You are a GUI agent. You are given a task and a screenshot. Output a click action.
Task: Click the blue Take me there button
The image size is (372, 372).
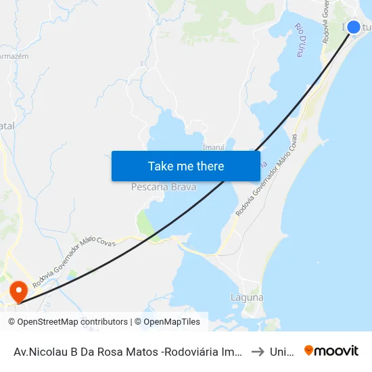click(x=185, y=166)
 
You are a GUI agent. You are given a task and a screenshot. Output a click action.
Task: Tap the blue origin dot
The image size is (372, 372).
click(x=353, y=27)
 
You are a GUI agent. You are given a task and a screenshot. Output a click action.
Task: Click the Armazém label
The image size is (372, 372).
click(x=14, y=56)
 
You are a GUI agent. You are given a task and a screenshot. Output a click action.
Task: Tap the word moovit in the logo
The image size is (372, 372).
click(x=337, y=351)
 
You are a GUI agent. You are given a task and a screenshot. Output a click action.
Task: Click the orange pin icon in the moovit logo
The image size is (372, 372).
click(x=309, y=350)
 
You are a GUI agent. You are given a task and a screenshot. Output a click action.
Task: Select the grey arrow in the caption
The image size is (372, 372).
click(x=256, y=351)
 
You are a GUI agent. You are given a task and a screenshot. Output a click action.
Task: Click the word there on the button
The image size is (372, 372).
click(x=210, y=166)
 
